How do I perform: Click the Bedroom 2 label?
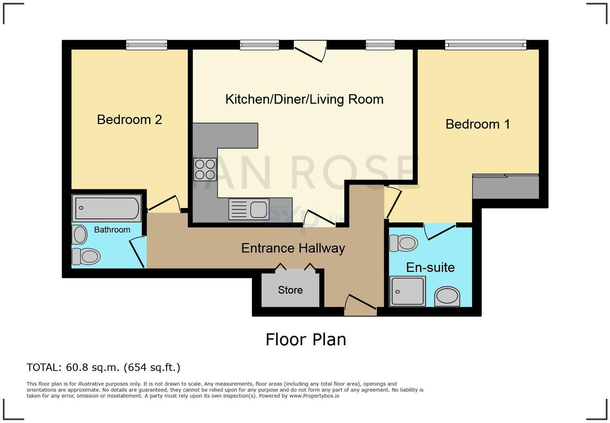tap(129, 119)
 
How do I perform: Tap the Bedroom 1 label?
tap(477, 124)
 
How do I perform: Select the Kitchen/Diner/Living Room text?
tap(304, 99)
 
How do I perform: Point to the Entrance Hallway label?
tap(293, 248)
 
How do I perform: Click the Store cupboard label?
tap(290, 290)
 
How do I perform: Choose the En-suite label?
tap(430, 267)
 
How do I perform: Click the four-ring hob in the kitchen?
tap(205, 170)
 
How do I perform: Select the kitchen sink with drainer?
tap(249, 209)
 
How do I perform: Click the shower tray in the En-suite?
tap(407, 291)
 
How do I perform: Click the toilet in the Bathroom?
tap(86, 256)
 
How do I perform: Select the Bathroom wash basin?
tap(80, 235)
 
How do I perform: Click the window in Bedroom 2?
tap(147, 45)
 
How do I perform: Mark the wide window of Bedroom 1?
tap(486, 45)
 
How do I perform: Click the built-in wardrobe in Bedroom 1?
tap(506, 187)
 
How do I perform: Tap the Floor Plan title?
tap(306, 339)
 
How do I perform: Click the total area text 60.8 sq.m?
tap(103, 367)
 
